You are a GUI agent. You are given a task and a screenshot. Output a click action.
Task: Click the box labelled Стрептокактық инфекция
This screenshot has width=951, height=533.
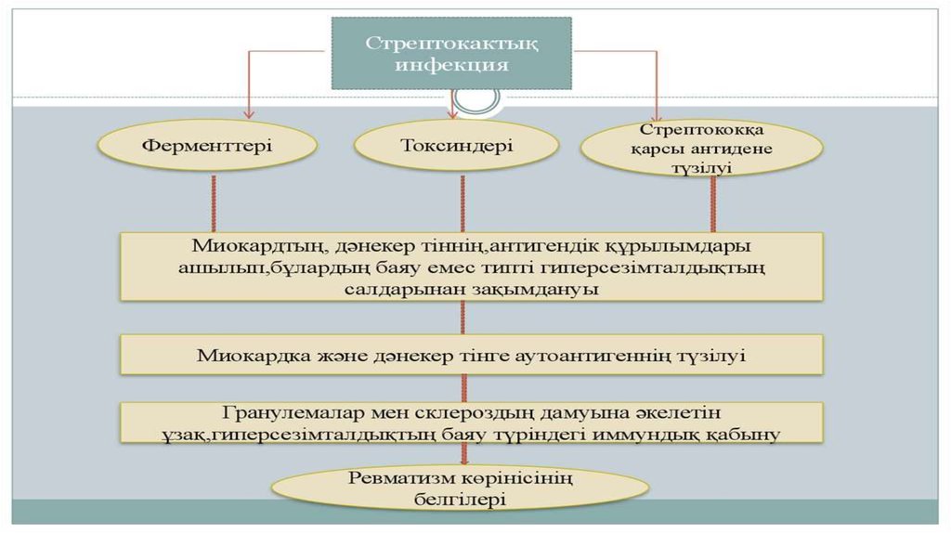pyautogui.click(x=451, y=54)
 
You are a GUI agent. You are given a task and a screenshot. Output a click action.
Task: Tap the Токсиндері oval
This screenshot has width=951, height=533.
pyautogui.click(x=456, y=145)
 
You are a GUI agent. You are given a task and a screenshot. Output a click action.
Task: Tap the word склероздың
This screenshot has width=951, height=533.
pyautogui.click(x=466, y=411)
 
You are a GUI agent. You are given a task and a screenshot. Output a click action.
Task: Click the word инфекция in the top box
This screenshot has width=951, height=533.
pyautogui.click(x=451, y=65)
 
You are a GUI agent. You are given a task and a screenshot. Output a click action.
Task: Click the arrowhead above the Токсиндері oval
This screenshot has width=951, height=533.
pyautogui.click(x=452, y=114)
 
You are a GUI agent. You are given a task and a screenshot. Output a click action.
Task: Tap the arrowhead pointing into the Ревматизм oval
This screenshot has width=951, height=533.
pyautogui.click(x=462, y=460)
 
